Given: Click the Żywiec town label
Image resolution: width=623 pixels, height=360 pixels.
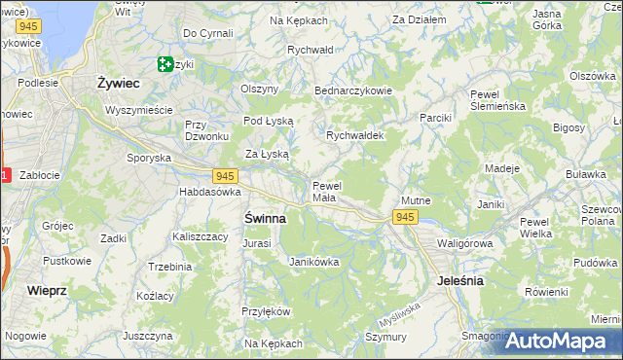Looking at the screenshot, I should pos(119,83).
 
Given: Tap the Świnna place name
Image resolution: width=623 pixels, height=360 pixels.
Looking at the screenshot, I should pos(264,219).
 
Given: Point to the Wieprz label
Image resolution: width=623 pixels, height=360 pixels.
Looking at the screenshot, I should pos(47,290).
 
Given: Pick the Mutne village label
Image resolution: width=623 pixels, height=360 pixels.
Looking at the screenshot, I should pos(416,200).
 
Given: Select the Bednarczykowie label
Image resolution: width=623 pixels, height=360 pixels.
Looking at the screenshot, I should pos(352,90).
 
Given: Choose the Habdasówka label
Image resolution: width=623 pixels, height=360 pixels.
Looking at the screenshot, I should pos(209,192).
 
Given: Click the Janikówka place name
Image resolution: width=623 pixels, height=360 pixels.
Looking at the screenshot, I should pos(314,261).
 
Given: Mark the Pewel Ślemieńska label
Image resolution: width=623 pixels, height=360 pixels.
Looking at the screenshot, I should pos(497,100).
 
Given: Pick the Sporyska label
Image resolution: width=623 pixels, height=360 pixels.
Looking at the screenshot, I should pos(149,157).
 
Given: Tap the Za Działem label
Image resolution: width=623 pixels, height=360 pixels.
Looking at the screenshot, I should pos(419,18).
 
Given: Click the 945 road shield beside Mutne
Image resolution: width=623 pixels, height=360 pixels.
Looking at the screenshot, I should pos(406,217).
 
